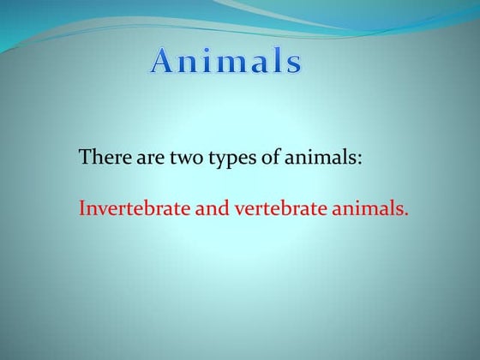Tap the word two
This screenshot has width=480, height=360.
171,159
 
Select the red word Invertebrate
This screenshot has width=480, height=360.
131,208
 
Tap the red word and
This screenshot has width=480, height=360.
207,208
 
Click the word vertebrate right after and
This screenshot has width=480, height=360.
271,208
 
